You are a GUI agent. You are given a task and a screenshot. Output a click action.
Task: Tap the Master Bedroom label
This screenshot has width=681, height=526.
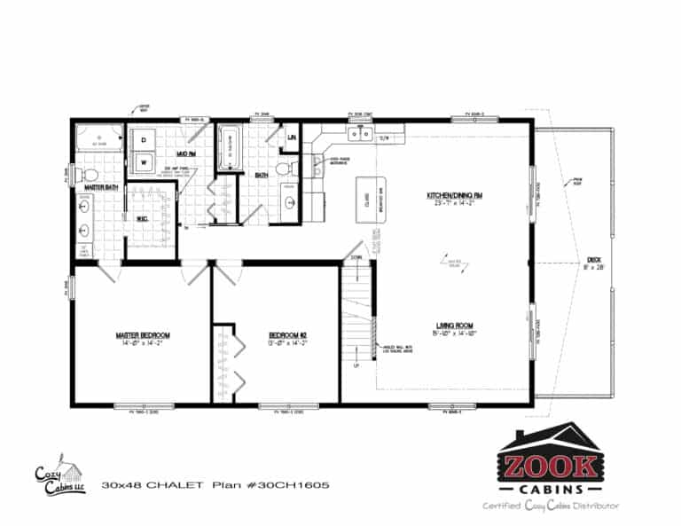[x=142, y=336]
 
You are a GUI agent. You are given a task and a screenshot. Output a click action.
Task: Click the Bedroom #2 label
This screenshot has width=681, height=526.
[x=287, y=336]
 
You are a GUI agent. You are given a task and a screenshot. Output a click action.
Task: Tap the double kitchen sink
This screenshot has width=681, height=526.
[x=359, y=134]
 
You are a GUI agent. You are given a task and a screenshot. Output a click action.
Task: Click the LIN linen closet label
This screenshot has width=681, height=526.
[x=292, y=138]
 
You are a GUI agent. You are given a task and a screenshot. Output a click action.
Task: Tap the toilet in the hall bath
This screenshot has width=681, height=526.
[x=284, y=167]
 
